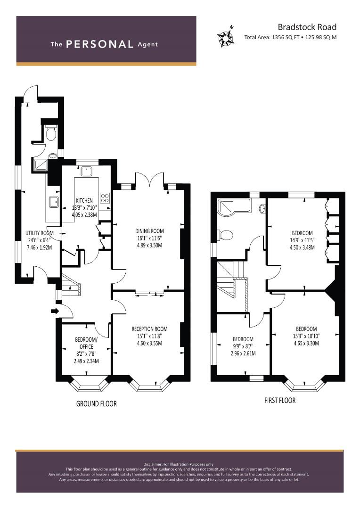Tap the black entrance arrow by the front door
point(55,312)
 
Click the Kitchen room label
point(84,201)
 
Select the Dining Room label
point(149,231)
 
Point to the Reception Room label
point(149,329)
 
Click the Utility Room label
point(39,233)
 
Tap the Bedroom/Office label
point(86,343)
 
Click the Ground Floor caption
point(97,404)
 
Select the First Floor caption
point(280,400)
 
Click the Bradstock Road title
point(307,27)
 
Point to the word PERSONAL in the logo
point(99,44)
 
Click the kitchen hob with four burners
point(105,197)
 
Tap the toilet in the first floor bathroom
point(226,235)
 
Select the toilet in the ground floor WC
point(51,133)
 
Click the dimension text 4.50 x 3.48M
point(302,247)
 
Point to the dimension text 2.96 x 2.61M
point(243,353)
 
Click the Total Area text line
point(290,37)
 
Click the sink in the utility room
point(53,203)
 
